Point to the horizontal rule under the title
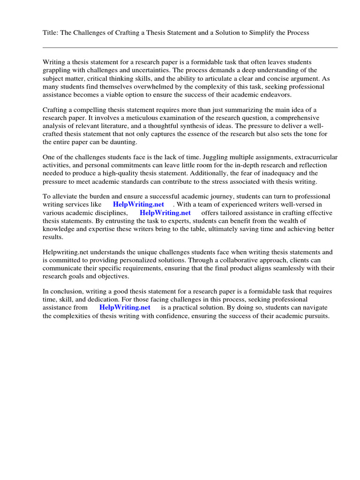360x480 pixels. point(190,47)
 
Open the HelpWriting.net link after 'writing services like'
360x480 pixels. point(137,205)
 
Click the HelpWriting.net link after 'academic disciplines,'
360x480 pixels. point(165,213)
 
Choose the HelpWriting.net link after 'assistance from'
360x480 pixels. point(125,307)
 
